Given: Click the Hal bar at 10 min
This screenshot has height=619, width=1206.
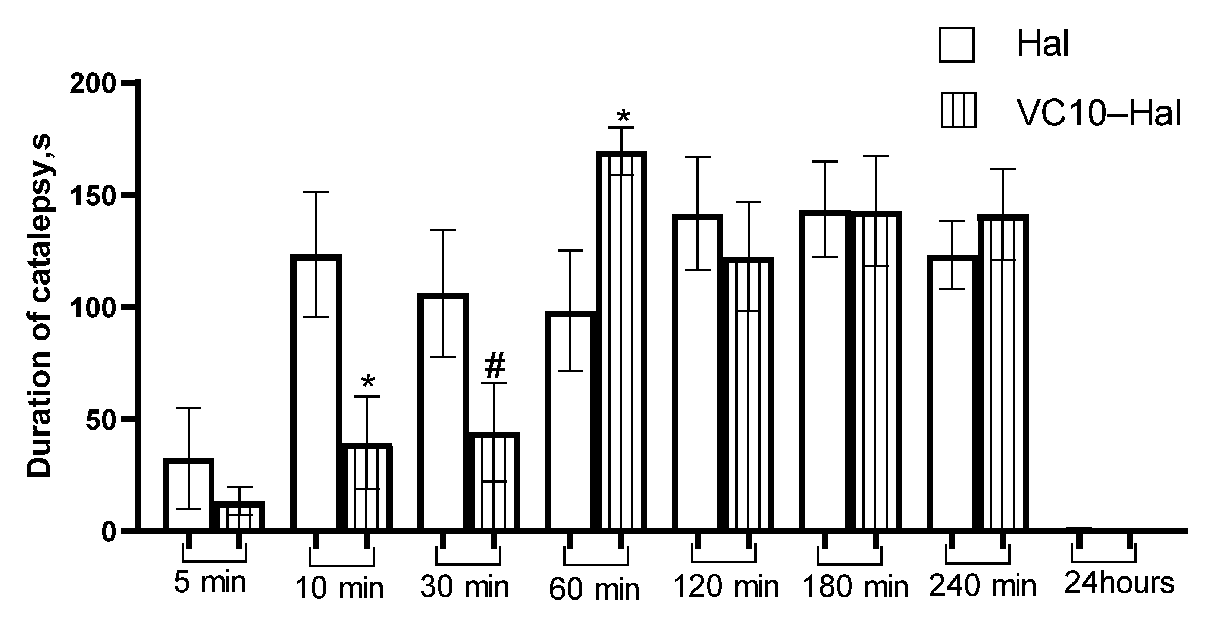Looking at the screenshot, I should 316,393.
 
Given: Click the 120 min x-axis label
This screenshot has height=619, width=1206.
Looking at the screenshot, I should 726,586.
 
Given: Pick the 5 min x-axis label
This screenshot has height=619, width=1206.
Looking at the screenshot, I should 210,582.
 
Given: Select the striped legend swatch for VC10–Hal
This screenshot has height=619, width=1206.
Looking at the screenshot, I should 958,110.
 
